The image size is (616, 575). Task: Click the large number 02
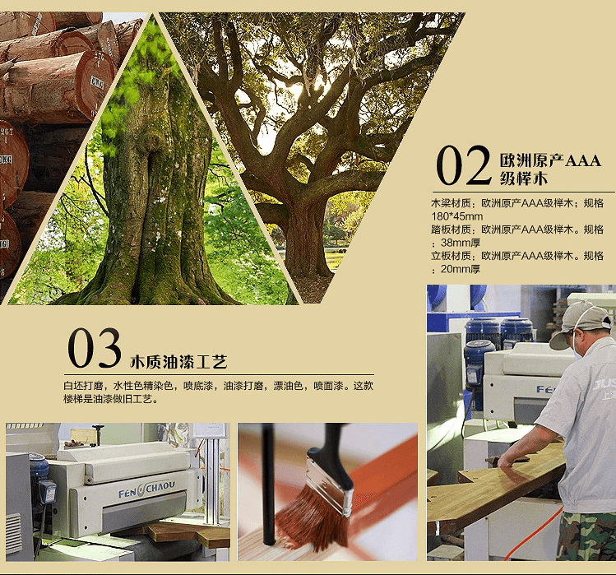464,165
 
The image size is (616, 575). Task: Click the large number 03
94,348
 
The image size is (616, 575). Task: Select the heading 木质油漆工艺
178,362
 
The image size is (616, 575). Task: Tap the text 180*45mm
457,216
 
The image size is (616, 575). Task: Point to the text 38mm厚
461,243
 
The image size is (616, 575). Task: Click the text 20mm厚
461,269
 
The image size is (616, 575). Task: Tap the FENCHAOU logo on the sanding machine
146,489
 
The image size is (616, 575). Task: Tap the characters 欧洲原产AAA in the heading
550,160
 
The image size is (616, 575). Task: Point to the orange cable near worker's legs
531,536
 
